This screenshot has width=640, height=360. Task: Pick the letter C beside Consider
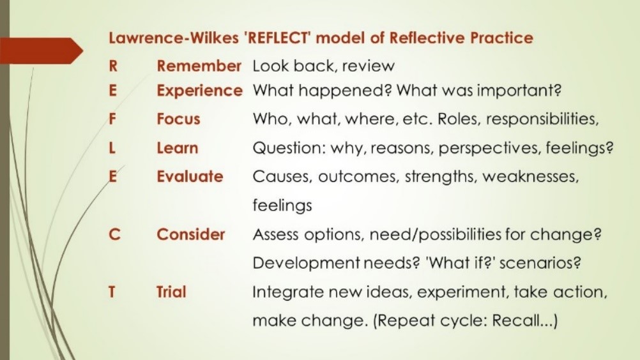114,235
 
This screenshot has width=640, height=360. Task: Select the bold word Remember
199,66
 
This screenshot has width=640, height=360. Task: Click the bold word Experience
199,91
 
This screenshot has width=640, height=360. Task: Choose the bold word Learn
178,148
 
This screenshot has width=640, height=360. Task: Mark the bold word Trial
171,292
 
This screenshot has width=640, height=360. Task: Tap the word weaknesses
530,177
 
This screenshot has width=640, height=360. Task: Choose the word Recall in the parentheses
515,321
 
